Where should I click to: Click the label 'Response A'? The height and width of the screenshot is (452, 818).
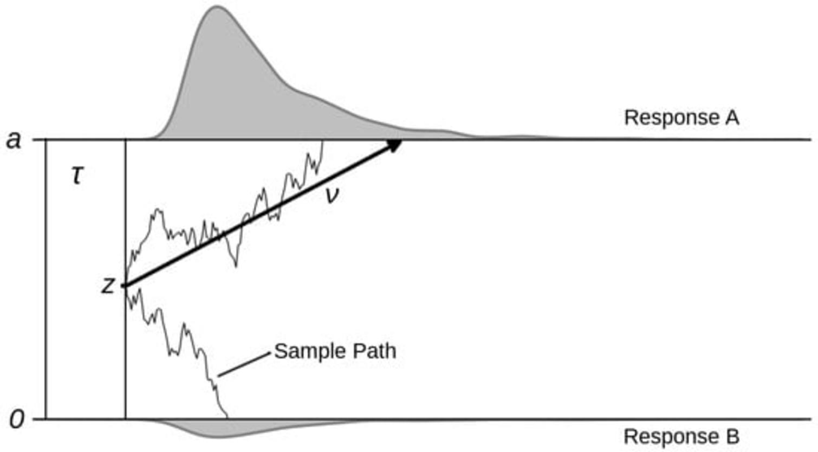[681, 118]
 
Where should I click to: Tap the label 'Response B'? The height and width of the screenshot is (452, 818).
[681, 437]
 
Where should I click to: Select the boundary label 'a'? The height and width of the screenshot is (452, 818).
[14, 140]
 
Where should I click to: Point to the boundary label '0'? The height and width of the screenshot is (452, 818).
[17, 419]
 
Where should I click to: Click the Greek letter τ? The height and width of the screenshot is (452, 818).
[77, 175]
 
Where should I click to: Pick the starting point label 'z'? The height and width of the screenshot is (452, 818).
[108, 285]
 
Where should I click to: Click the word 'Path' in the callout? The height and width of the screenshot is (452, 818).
[375, 351]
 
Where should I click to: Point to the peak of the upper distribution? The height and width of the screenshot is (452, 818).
[217, 7]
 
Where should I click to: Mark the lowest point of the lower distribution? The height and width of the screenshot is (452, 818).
[219, 437]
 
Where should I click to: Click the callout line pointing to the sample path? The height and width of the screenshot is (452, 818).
[244, 364]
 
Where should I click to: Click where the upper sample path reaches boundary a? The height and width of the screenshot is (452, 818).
[323, 141]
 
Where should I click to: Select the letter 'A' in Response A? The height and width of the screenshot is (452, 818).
[732, 118]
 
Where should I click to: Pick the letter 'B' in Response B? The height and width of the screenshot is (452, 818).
[732, 437]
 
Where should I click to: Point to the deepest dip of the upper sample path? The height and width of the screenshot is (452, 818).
[236, 266]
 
